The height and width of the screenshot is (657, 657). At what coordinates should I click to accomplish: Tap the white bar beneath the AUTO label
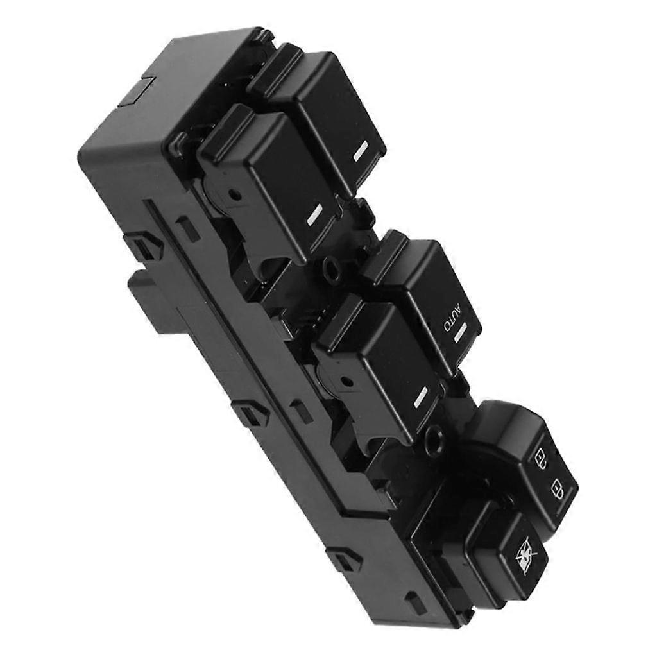coord(461,330)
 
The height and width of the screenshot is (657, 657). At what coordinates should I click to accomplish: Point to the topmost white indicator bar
coord(360,152)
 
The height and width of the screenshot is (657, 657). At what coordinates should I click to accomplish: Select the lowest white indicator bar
coord(420,397)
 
